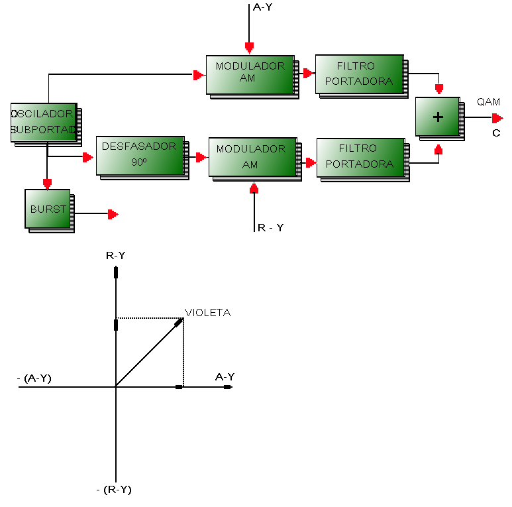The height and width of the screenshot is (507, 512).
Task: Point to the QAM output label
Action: [x=489, y=102]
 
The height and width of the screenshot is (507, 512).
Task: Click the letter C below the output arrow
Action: [x=496, y=133]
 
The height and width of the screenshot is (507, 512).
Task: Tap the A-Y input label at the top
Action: [x=262, y=7]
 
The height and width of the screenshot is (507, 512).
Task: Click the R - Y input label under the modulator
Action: [x=271, y=228]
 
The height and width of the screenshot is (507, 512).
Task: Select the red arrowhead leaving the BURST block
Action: [x=113, y=214]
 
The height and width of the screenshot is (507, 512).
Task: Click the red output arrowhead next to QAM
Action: [x=497, y=118]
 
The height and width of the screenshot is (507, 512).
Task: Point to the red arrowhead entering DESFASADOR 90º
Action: [x=88, y=157]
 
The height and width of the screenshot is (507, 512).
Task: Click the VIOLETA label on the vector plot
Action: [x=208, y=313]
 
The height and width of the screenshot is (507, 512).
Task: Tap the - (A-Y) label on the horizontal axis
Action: [x=34, y=378]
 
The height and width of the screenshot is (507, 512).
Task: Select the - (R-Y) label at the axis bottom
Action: [x=114, y=490]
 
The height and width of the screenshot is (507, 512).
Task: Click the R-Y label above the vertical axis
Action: [x=116, y=255]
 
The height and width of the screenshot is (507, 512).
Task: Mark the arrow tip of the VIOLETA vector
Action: [x=183, y=319]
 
